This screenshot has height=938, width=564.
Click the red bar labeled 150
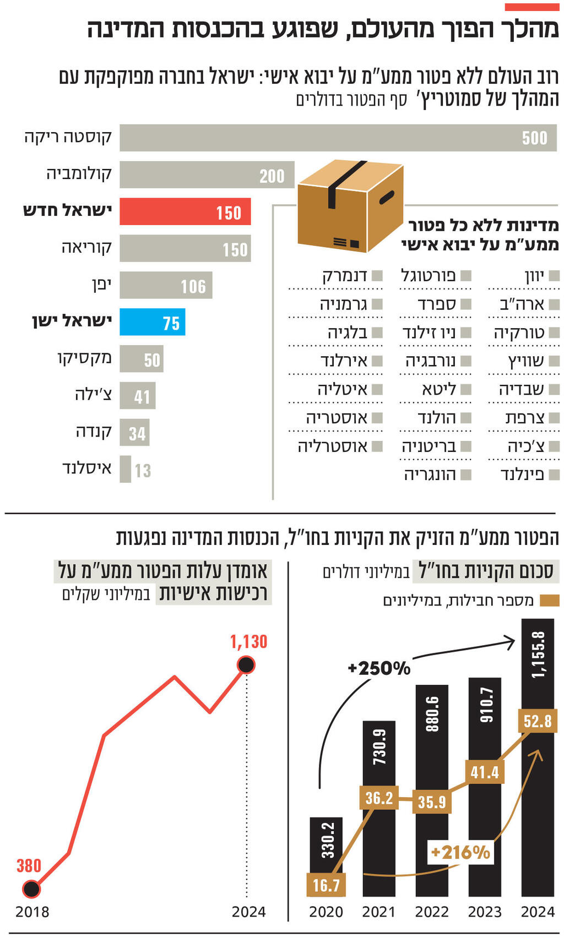tap(185, 212)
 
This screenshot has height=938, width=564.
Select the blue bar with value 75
tap(153, 323)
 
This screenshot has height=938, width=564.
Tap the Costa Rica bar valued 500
tap(338, 138)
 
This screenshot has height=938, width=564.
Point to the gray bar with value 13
tap(126, 470)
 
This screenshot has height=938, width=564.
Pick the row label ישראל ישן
tap(72, 320)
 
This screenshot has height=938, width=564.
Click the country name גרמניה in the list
tap(343, 304)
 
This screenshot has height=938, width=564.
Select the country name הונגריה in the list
tap(430, 475)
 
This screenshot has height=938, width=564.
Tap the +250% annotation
tap(379, 668)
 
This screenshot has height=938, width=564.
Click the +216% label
tap(460, 853)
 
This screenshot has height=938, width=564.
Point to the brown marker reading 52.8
tap(537, 721)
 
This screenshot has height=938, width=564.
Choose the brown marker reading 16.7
tap(326, 885)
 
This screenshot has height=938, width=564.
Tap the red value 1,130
tap(248, 642)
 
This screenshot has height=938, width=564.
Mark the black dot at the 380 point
tap(31, 888)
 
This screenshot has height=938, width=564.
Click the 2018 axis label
tap(32, 912)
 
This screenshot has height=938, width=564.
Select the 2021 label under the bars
tap(378, 912)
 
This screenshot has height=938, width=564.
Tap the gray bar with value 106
tap(166, 286)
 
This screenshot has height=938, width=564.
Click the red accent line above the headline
tap(532, 7)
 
